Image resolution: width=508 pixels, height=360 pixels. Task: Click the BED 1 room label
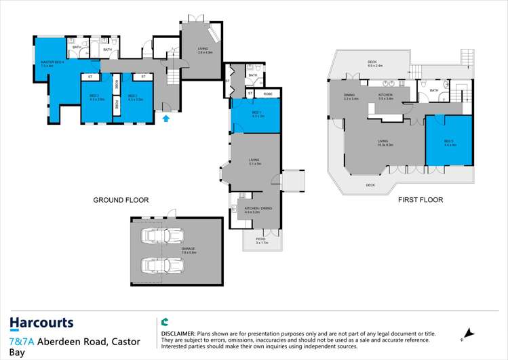click(258, 114)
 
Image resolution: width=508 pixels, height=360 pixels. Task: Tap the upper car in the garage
click(162, 237)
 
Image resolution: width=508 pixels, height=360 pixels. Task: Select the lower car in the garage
click(162, 264)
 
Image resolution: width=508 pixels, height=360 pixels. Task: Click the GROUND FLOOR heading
click(121, 200)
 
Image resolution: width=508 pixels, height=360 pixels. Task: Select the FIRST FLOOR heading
click(419, 200)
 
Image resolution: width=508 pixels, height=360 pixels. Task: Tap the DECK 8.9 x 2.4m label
click(375, 65)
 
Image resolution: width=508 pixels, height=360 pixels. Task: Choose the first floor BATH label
click(433, 90)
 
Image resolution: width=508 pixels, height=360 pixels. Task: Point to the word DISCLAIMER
click(178, 334)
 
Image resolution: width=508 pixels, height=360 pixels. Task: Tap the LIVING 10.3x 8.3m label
click(383, 143)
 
